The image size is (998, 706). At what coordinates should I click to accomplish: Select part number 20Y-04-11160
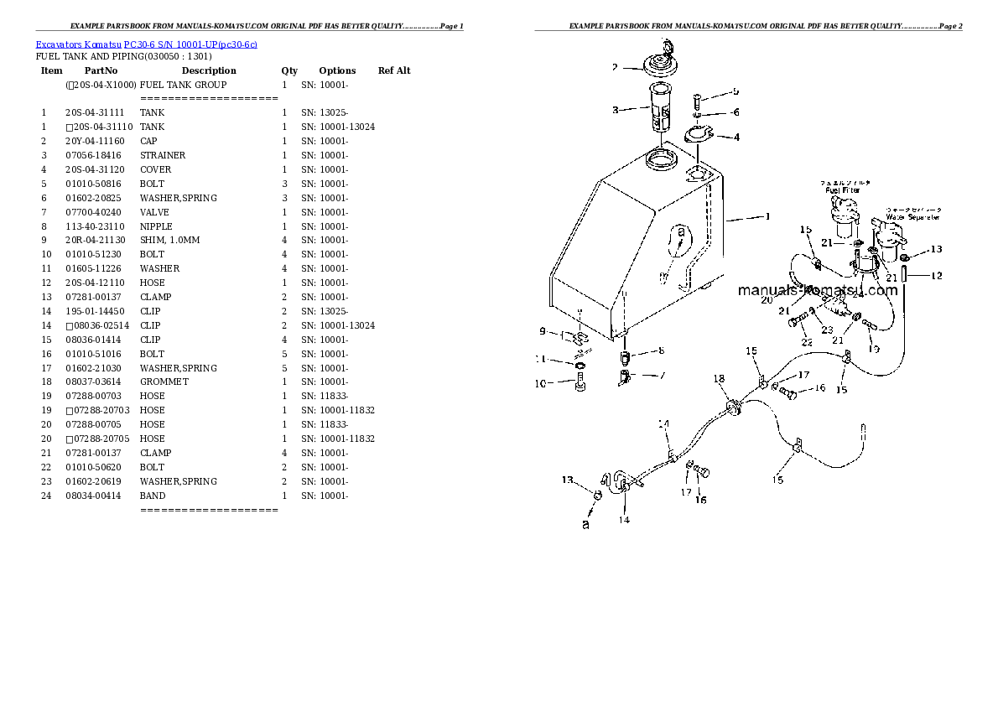pyautogui.click(x=94, y=141)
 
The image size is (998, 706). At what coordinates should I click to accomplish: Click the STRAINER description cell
pyautogui.click(x=163, y=155)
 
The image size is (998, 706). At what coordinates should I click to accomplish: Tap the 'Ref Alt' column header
pyautogui.click(x=394, y=70)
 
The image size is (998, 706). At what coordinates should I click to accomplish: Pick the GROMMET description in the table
pyautogui.click(x=164, y=382)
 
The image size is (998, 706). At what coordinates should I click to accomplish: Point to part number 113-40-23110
pyautogui.click(x=95, y=226)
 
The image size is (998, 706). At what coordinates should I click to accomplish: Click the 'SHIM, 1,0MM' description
pyautogui.click(x=169, y=240)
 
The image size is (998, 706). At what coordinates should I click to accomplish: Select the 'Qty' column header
pyautogui.click(x=289, y=70)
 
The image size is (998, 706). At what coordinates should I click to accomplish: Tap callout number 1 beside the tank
pyautogui.click(x=767, y=216)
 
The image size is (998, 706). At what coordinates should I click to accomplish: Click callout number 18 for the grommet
pyautogui.click(x=719, y=379)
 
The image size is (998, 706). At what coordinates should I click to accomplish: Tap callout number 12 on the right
pyautogui.click(x=937, y=276)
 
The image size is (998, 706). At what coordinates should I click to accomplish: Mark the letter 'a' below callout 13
pyautogui.click(x=586, y=525)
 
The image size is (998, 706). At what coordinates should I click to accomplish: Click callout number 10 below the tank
pyautogui.click(x=540, y=383)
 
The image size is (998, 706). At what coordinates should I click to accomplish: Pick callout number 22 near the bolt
pyautogui.click(x=807, y=341)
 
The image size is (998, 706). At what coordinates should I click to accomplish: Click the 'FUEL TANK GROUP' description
pyautogui.click(x=183, y=85)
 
